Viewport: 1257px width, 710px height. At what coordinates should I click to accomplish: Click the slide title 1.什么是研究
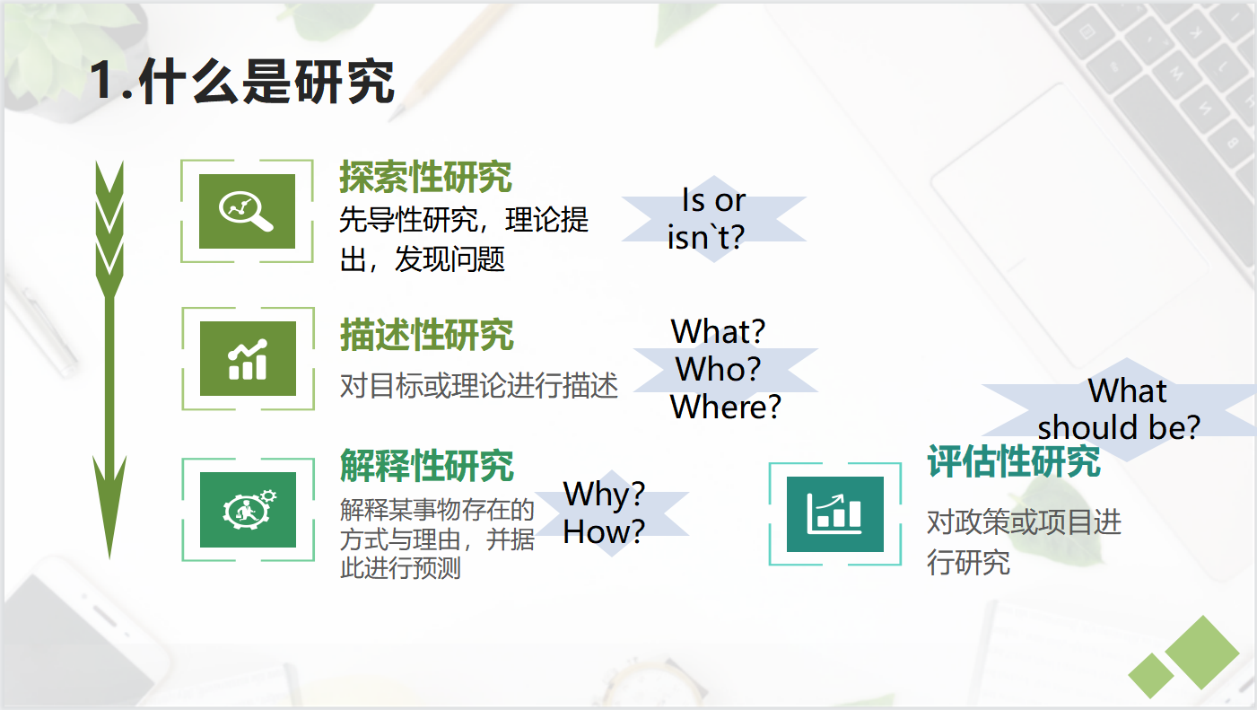[x=242, y=82]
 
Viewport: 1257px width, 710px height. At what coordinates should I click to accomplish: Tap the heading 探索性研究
[x=426, y=177]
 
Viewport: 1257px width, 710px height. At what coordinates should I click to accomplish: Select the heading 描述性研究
[x=426, y=335]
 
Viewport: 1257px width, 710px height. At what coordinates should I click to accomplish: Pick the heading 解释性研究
[x=426, y=465]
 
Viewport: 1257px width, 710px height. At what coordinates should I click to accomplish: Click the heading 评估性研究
[x=1014, y=461]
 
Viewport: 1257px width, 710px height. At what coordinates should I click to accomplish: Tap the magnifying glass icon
[x=247, y=211]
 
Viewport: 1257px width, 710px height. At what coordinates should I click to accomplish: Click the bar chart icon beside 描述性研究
[x=248, y=359]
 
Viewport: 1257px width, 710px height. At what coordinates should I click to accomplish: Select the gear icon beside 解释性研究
[x=248, y=510]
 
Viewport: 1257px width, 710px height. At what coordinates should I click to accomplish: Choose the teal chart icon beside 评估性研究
[x=835, y=514]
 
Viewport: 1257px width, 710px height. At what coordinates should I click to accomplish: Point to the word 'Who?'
[x=719, y=369]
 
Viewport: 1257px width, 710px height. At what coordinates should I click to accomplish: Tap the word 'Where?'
[x=726, y=407]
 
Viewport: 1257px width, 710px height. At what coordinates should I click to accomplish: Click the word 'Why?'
[x=604, y=495]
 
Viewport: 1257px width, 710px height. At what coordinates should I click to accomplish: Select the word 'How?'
[x=604, y=531]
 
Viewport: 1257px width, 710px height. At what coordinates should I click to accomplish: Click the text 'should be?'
[x=1119, y=427]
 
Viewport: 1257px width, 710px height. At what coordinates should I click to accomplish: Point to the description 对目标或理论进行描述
[x=479, y=386]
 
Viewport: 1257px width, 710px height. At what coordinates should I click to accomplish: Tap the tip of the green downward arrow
[x=109, y=559]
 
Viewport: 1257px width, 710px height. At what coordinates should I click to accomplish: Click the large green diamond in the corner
[x=1202, y=653]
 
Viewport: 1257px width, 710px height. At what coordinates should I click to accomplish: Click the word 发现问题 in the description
[x=450, y=259]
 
